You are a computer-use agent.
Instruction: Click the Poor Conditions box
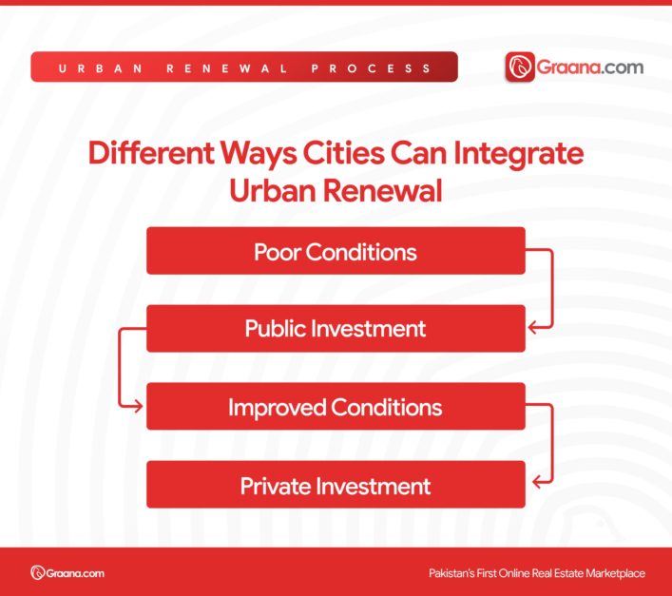[x=336, y=251]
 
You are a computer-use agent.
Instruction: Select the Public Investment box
[x=336, y=329]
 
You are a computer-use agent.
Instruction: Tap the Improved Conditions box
[x=336, y=407]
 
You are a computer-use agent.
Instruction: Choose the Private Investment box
[x=336, y=485]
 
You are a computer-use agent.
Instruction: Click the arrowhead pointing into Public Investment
[x=533, y=328]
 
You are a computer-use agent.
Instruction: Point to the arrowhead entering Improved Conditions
[x=138, y=407]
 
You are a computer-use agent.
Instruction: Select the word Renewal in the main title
[x=389, y=189]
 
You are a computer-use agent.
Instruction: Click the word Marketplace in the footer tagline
[x=611, y=573]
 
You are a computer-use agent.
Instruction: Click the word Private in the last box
[x=275, y=486]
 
